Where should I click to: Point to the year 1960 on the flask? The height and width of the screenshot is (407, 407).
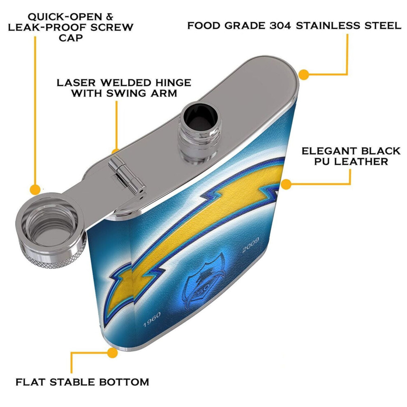click(x=152, y=319)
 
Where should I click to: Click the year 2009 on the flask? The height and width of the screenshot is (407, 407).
click(x=250, y=245)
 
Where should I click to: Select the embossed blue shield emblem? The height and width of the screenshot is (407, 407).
click(x=204, y=282)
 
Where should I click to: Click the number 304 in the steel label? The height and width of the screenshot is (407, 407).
click(x=280, y=26)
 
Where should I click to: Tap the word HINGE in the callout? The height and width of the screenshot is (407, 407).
click(x=173, y=83)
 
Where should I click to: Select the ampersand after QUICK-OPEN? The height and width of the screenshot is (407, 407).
click(x=109, y=17)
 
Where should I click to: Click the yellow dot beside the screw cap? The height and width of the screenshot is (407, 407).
click(x=35, y=190)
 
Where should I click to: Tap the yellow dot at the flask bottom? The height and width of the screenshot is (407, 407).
click(x=112, y=353)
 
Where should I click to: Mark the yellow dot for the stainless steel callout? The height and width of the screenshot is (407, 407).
click(x=304, y=74)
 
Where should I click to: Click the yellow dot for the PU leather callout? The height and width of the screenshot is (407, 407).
click(x=286, y=184)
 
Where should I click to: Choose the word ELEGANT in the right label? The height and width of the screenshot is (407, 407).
click(x=327, y=151)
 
